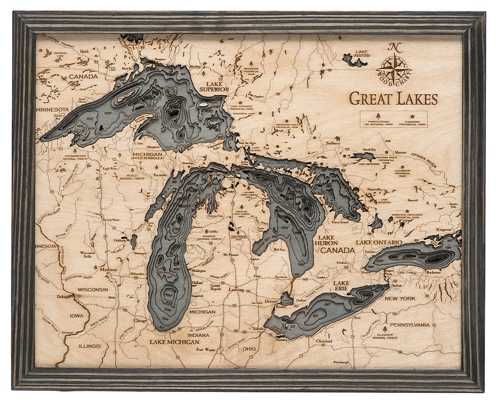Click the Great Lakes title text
(393, 98)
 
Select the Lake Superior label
(214, 86)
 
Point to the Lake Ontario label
(378, 242)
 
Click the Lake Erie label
(344, 287)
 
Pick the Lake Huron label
(327, 241)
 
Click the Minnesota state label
(52, 109)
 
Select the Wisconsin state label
(93, 289)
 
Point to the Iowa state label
(76, 316)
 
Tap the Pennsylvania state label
(409, 325)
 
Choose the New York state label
(400, 298)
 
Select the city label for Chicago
(140, 321)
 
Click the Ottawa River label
(424, 160)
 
